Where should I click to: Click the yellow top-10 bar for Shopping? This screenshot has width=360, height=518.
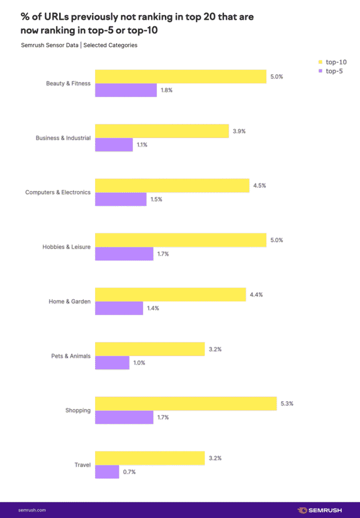point(186,404)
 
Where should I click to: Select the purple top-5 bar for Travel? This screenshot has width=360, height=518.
point(107,471)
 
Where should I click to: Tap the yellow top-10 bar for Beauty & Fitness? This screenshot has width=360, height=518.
point(181,76)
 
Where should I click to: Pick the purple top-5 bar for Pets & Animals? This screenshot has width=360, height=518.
point(112,363)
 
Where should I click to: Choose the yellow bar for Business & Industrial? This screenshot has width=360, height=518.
point(162,131)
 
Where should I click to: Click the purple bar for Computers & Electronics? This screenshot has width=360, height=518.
point(121,199)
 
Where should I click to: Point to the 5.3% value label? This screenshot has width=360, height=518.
point(287,404)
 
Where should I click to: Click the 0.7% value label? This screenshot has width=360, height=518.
point(129,472)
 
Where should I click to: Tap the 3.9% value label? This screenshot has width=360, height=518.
point(239,131)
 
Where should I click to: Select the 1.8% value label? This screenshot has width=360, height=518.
point(167,90)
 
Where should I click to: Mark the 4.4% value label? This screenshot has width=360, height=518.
point(256,294)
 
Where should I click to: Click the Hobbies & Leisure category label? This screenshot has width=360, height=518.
point(67,247)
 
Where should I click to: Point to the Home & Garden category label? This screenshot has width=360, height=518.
point(70,301)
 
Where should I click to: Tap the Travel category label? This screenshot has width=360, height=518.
point(82,465)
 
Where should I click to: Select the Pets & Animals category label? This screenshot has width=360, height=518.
point(71,356)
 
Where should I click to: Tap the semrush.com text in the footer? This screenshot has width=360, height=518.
point(32,510)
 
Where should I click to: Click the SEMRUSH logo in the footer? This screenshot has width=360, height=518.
point(322,510)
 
